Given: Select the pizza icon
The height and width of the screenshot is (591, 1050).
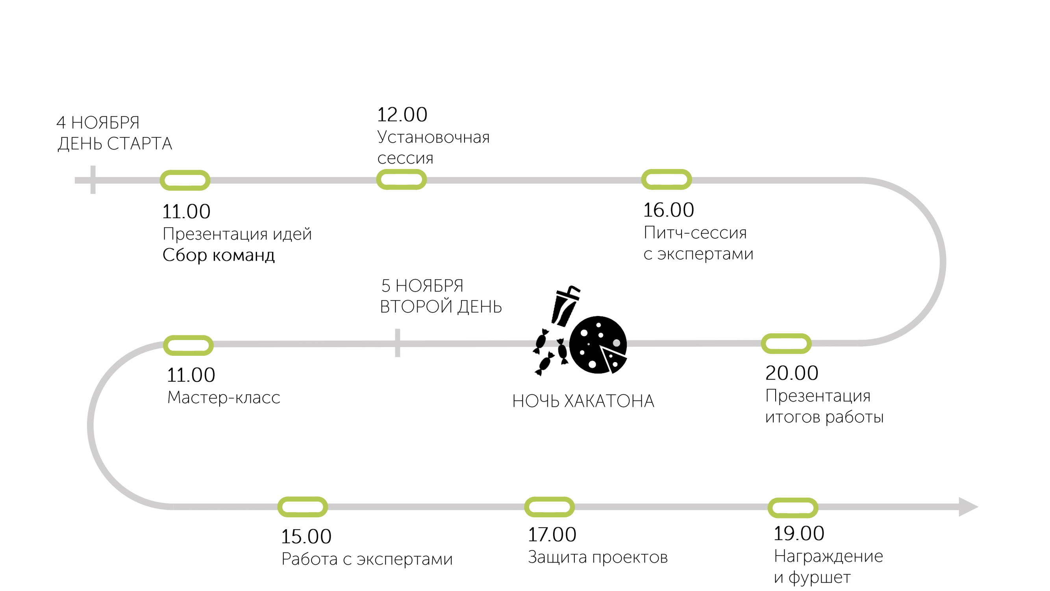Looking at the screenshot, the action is pyautogui.click(x=598, y=345).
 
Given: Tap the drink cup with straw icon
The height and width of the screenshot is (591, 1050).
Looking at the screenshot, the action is pyautogui.click(x=565, y=306).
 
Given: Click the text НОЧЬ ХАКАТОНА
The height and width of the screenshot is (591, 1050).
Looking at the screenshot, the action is pyautogui.click(x=583, y=401).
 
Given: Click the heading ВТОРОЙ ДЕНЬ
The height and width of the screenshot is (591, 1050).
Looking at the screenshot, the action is pyautogui.click(x=441, y=307).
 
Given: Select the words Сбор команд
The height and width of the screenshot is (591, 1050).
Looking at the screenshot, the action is pyautogui.click(x=219, y=255).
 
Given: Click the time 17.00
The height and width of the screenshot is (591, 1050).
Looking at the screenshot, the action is pyautogui.click(x=552, y=534).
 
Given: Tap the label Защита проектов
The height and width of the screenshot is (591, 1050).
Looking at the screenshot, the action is pyautogui.click(x=598, y=557).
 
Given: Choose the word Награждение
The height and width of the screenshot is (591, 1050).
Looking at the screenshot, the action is pyautogui.click(x=828, y=556).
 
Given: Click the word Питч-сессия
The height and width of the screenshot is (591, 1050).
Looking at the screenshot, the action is pyautogui.click(x=695, y=232).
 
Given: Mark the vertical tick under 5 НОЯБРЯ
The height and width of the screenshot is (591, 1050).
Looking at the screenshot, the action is pyautogui.click(x=397, y=343).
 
